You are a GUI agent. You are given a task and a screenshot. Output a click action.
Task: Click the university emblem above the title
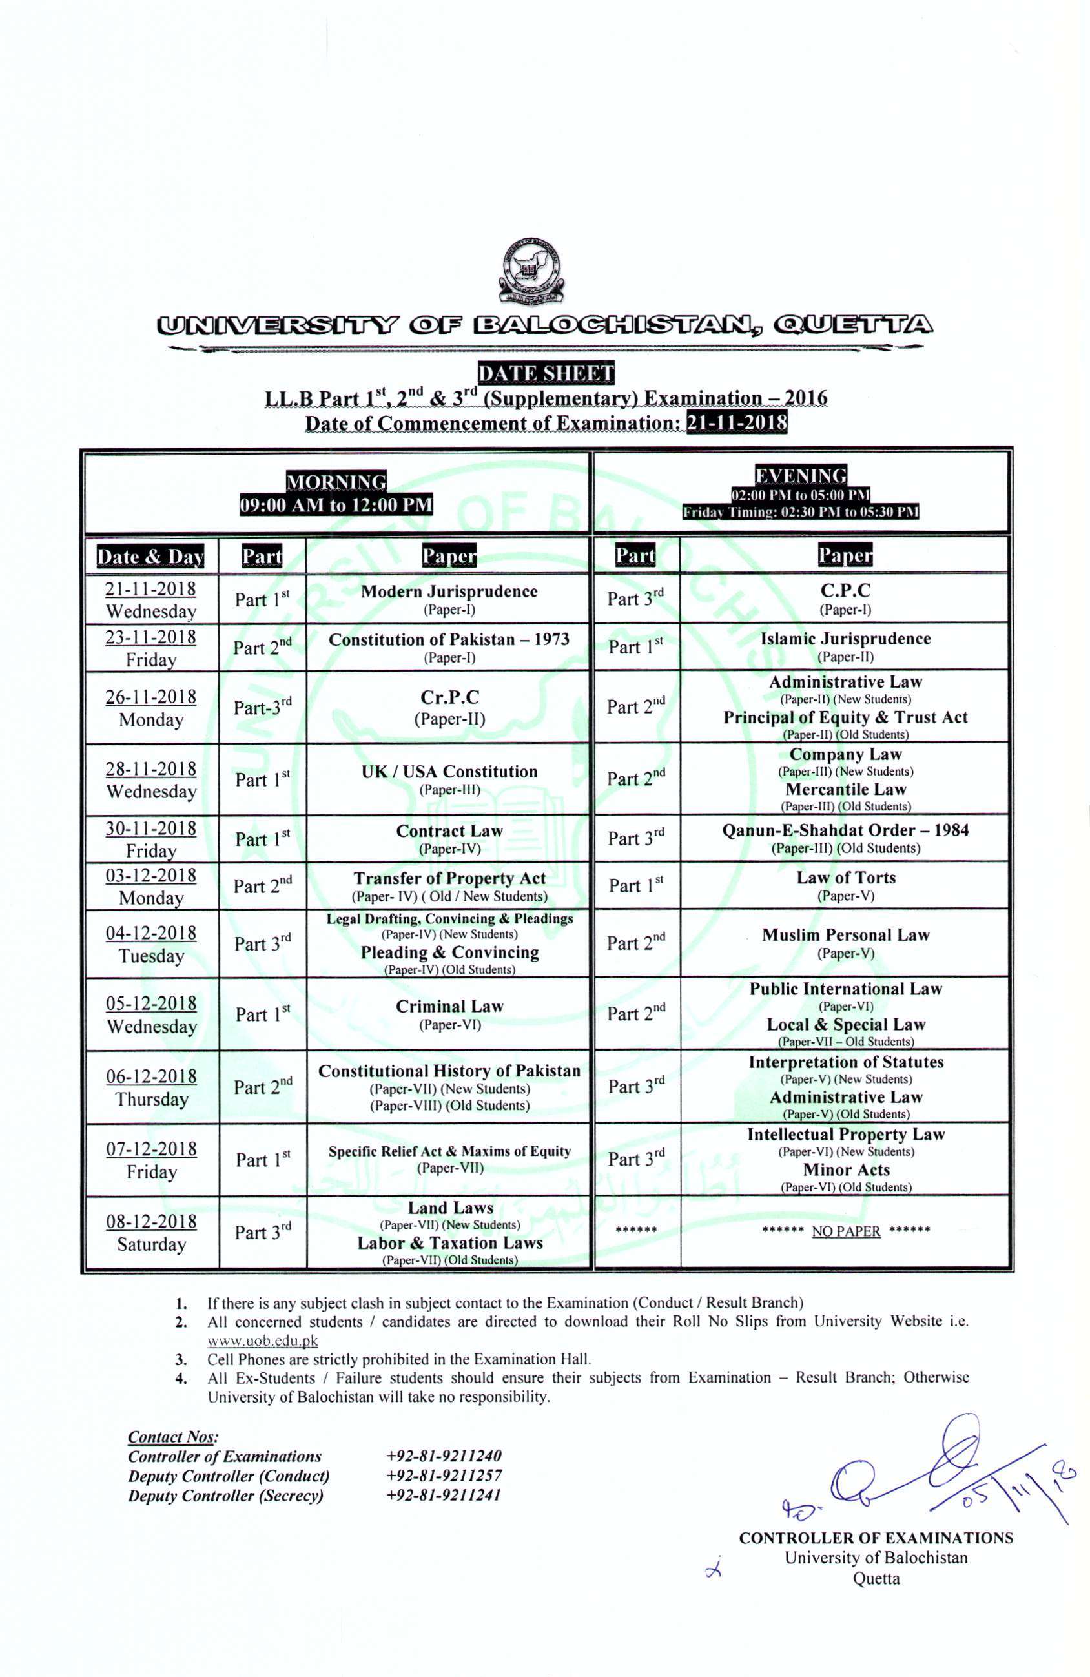tap(533, 271)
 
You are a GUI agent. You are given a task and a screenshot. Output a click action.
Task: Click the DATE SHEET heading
tap(546, 373)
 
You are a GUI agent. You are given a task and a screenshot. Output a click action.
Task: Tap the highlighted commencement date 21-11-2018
tap(736, 423)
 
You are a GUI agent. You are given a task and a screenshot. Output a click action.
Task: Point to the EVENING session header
tap(801, 476)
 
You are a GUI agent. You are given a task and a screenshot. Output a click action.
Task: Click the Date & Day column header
tap(151, 556)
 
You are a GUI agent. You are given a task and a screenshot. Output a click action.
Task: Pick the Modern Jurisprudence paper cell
tap(449, 598)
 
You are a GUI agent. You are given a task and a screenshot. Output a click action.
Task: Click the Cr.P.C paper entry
tap(449, 706)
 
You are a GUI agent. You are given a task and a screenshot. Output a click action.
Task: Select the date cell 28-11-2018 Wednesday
tap(151, 779)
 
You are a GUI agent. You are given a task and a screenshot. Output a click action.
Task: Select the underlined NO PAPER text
tap(846, 1231)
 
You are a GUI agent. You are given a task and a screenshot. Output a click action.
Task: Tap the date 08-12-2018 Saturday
tap(151, 1232)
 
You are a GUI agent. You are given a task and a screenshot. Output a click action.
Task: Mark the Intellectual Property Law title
tap(845, 1135)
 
